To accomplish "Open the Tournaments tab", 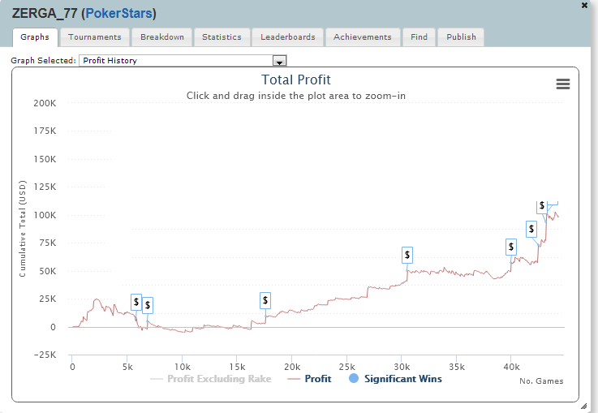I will tap(95, 37).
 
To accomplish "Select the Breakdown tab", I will tap(162, 37).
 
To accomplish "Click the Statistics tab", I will tap(222, 37).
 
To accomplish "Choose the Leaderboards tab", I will tap(288, 37).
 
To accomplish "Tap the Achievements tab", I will tap(363, 37).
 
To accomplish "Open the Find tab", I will tap(419, 37).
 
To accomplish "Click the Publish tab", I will tap(461, 37).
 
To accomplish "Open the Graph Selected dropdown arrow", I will tap(280, 61).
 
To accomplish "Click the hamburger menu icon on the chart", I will tap(562, 84).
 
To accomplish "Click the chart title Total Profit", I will tap(296, 80).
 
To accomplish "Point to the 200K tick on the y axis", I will tap(44, 104).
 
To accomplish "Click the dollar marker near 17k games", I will tap(265, 300).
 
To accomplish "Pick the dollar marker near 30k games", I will tap(407, 255).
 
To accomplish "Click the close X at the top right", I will tap(585, 5).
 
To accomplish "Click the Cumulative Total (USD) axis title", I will tap(24, 229).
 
